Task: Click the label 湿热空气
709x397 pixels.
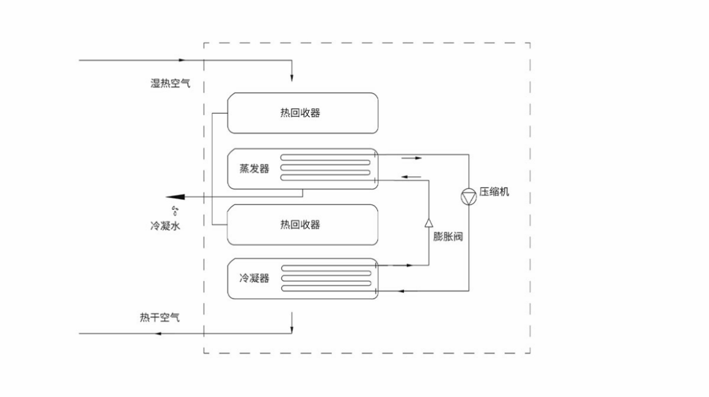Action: (x=171, y=83)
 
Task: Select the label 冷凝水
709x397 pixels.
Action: (x=166, y=226)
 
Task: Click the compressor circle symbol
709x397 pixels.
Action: (x=469, y=196)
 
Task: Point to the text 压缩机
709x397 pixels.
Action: (x=494, y=192)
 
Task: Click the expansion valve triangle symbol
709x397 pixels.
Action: (x=428, y=221)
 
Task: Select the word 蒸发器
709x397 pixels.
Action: (x=255, y=169)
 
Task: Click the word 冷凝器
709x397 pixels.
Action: (x=255, y=278)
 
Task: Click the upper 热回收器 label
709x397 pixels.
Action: (x=296, y=113)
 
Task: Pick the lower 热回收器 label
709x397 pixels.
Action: (x=296, y=224)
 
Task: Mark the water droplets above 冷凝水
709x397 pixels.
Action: (x=175, y=211)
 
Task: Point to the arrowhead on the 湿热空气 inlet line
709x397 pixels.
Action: (x=182, y=61)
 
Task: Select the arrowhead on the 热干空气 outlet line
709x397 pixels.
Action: (x=158, y=334)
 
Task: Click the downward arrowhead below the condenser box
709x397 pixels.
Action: (x=292, y=329)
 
